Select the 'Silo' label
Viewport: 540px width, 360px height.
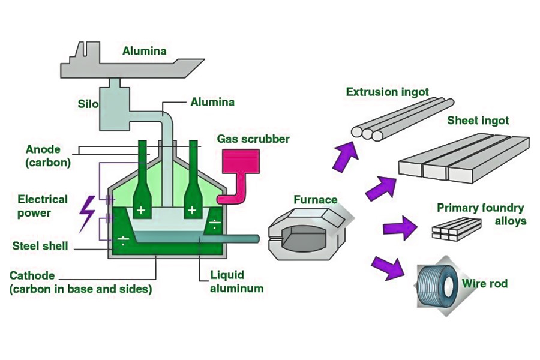88,104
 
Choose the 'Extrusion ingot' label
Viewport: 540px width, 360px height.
388,92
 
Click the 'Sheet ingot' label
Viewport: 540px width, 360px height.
478,121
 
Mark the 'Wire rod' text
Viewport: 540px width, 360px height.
485,283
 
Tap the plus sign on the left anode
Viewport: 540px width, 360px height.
140,210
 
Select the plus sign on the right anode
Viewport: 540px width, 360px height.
192,210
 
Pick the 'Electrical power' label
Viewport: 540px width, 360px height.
43,206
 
